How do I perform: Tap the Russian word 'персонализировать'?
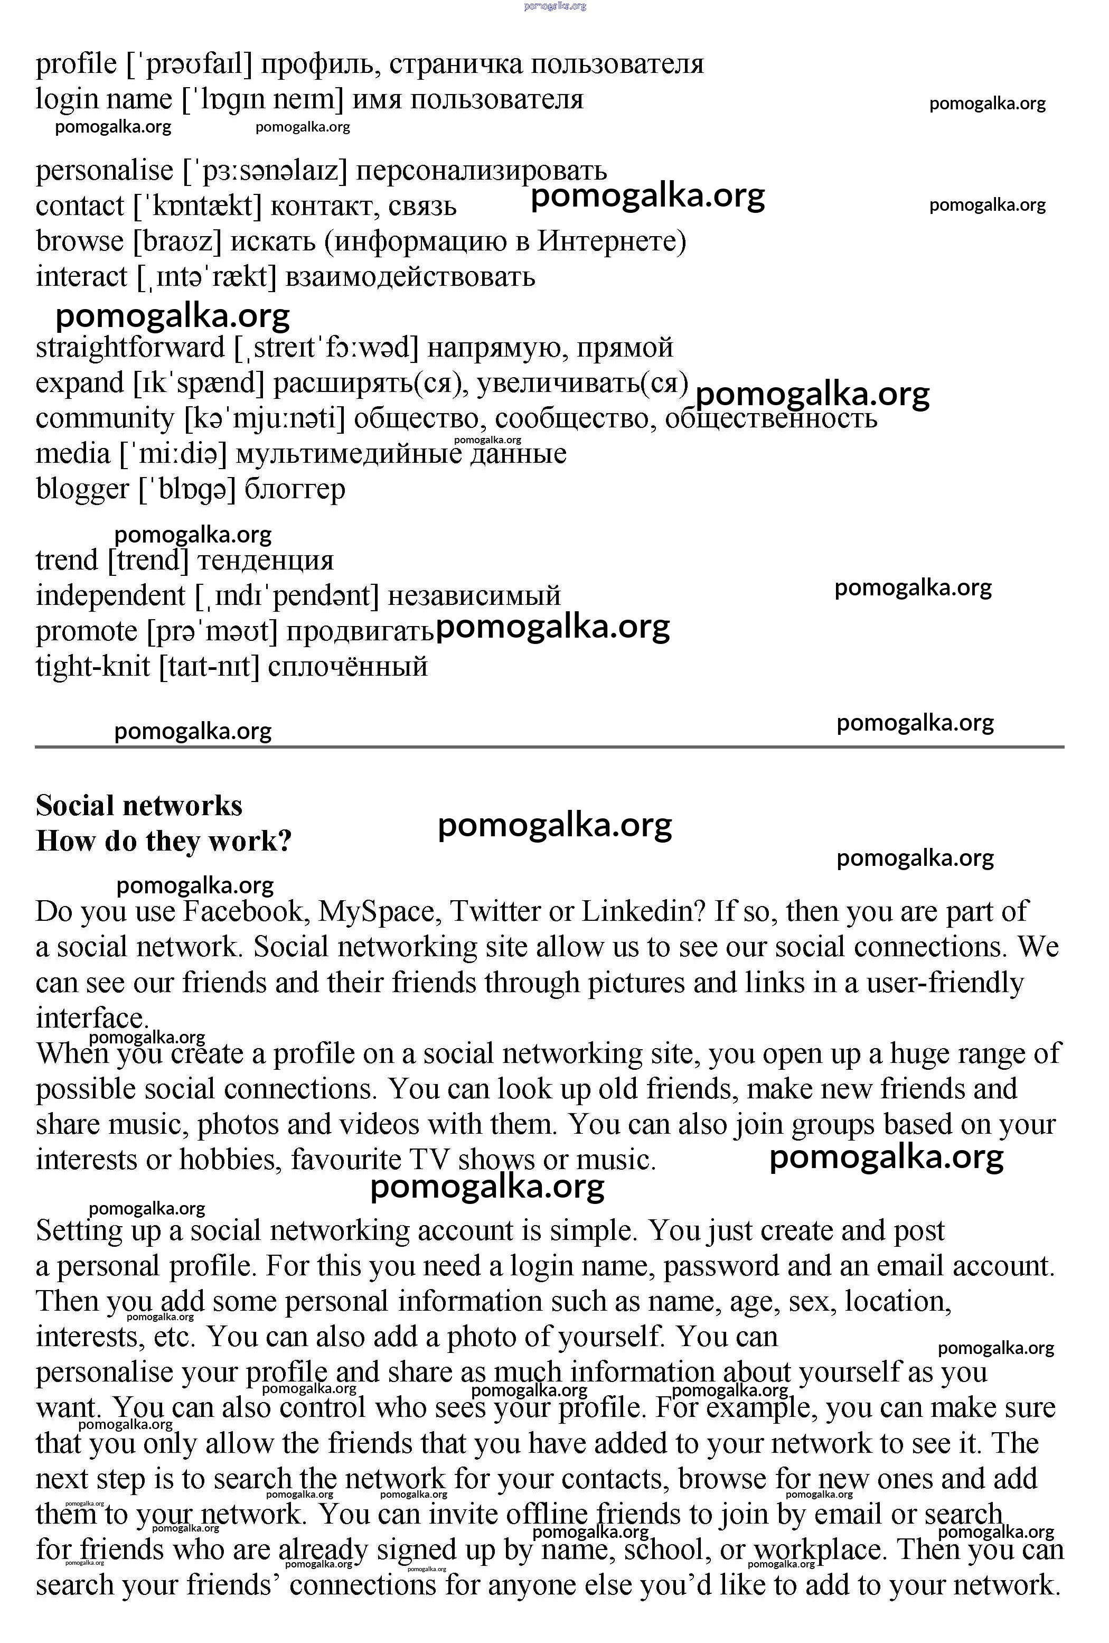(x=481, y=171)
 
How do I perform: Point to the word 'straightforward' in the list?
(x=130, y=348)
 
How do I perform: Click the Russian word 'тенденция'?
(x=265, y=561)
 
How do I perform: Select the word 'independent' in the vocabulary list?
(x=110, y=596)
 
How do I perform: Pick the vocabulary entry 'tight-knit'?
(x=92, y=667)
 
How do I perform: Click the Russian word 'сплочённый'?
(x=348, y=667)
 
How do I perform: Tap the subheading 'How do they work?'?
(x=163, y=841)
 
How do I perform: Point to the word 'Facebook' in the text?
(x=246, y=912)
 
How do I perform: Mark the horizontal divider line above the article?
(x=549, y=746)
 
